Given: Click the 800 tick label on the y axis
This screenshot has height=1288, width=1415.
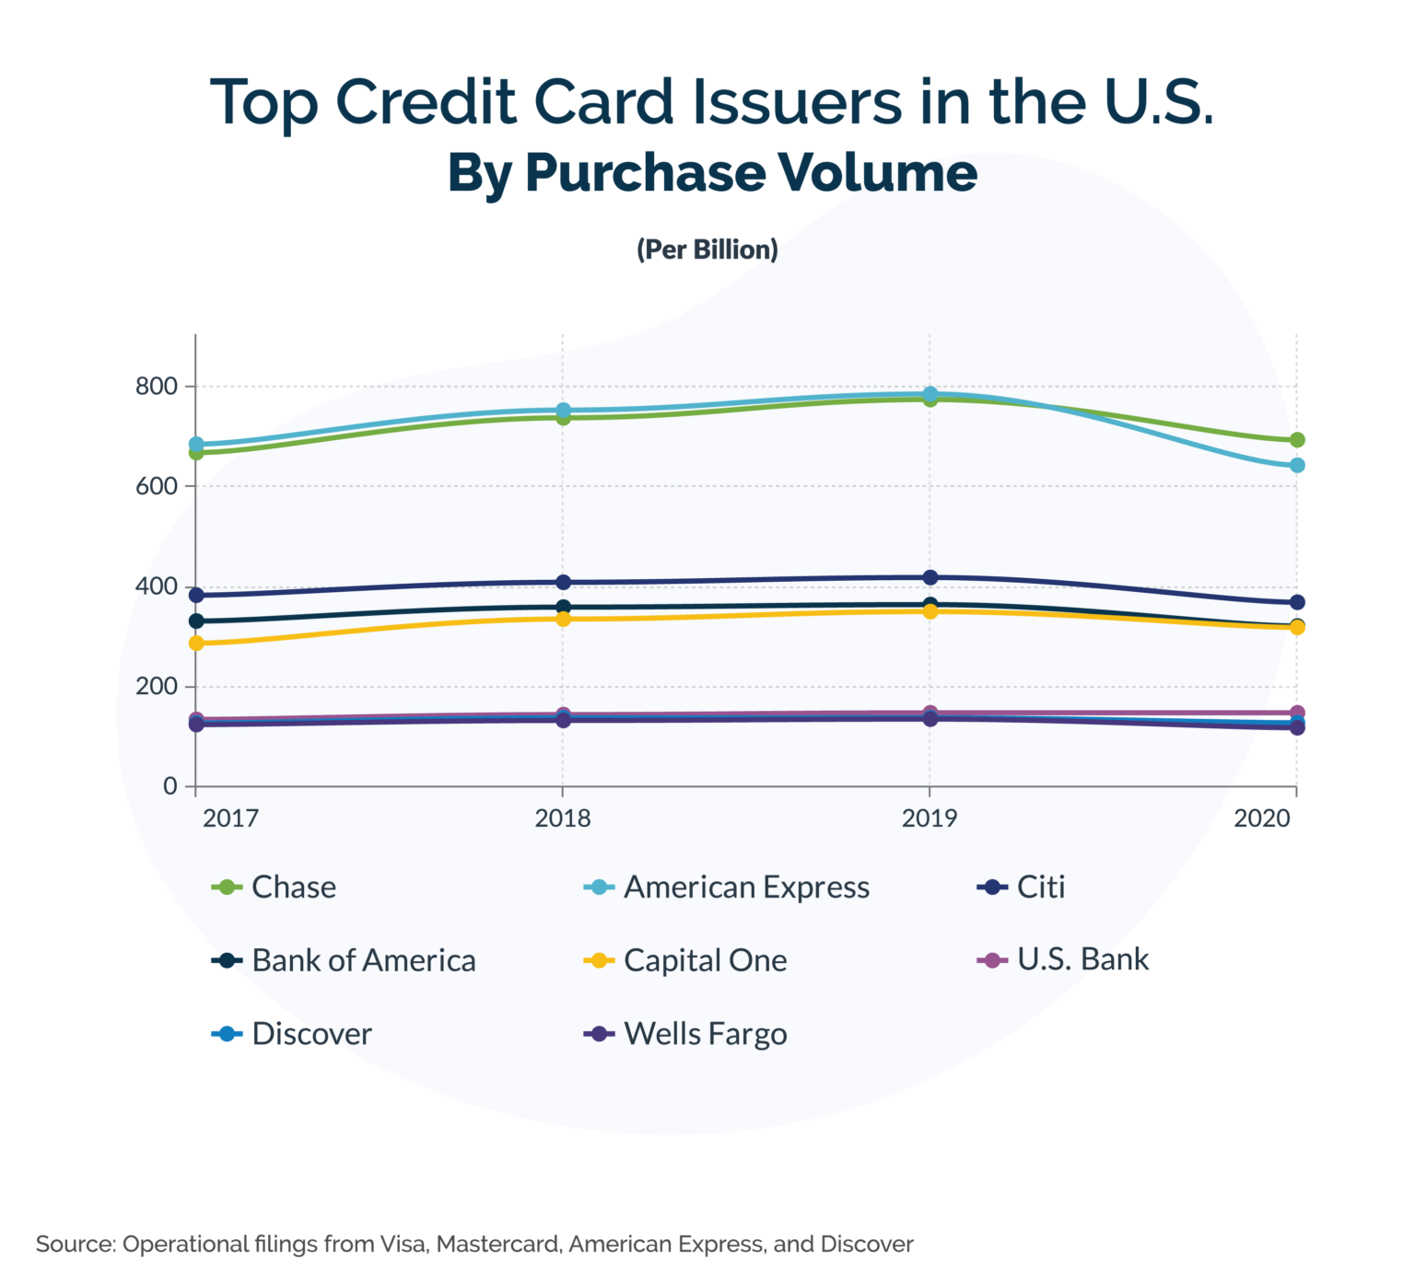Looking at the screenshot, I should (156, 387).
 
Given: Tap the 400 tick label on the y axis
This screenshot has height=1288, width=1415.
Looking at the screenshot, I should (156, 586).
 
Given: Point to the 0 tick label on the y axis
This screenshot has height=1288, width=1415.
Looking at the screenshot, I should (170, 786).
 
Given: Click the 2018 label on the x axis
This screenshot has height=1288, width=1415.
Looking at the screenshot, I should (563, 818).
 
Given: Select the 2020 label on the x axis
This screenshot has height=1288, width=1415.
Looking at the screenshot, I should (1262, 818).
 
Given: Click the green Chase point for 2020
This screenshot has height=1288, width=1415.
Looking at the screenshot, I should (1297, 440).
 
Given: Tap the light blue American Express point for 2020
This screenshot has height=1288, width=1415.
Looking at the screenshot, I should (1297, 466).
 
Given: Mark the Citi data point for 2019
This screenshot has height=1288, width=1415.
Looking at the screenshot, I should (930, 577).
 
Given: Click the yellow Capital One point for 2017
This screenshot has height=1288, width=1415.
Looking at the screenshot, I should (196, 644).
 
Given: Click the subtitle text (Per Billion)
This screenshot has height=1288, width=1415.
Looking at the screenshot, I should (707, 249).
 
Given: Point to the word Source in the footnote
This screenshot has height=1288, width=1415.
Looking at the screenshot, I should (73, 1245).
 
